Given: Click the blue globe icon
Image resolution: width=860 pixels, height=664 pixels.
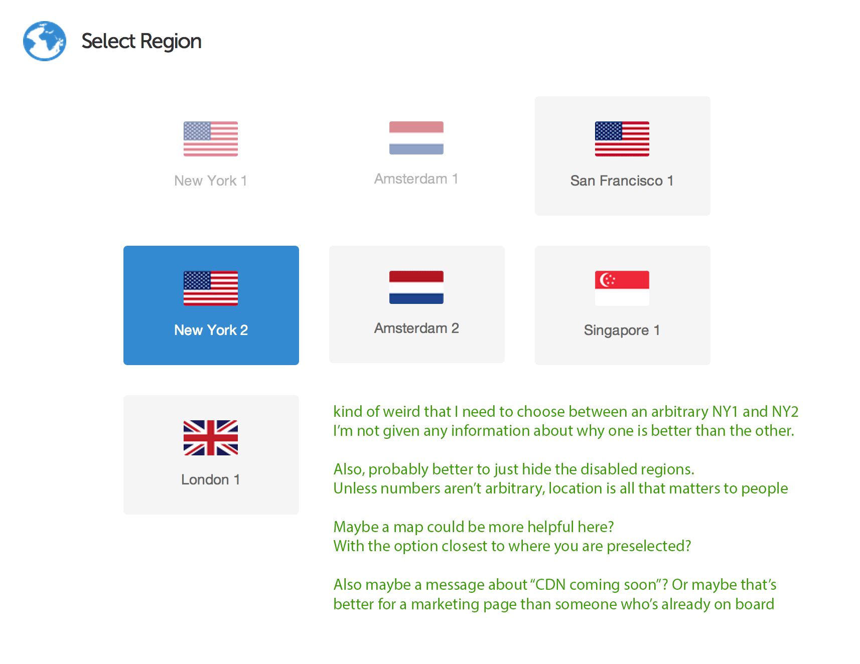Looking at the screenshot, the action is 45,41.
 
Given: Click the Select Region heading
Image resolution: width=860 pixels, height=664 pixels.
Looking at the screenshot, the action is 141,42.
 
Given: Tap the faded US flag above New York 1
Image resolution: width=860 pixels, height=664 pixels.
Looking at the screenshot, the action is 211,139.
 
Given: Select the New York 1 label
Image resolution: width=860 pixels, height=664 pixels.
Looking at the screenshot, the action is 211,181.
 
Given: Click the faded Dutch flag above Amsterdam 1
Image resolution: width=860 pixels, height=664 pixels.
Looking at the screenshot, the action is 416,138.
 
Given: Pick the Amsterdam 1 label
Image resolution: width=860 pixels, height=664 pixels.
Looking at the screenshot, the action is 416,179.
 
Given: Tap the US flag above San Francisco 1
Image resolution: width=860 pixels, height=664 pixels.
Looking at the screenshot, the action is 622,139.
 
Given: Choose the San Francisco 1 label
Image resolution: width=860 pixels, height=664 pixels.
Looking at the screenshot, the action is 622,181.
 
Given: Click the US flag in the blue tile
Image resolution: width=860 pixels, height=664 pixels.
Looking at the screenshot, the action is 211,288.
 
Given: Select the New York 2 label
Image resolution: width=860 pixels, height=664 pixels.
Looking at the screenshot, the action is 211,330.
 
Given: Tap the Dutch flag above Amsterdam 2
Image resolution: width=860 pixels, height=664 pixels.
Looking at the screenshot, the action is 416,287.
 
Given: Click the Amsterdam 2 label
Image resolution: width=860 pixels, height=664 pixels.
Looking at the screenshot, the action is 416,328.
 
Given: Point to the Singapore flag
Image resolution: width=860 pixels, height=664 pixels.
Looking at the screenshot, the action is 622,288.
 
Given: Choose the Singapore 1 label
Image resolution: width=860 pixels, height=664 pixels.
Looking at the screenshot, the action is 622,330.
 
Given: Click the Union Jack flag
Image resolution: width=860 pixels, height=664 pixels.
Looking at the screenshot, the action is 211,438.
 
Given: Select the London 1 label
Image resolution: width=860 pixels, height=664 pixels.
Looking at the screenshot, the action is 211,479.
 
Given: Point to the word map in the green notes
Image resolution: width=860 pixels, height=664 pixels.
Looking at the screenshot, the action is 408,528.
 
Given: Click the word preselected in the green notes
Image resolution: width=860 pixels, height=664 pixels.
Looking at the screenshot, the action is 649,546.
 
